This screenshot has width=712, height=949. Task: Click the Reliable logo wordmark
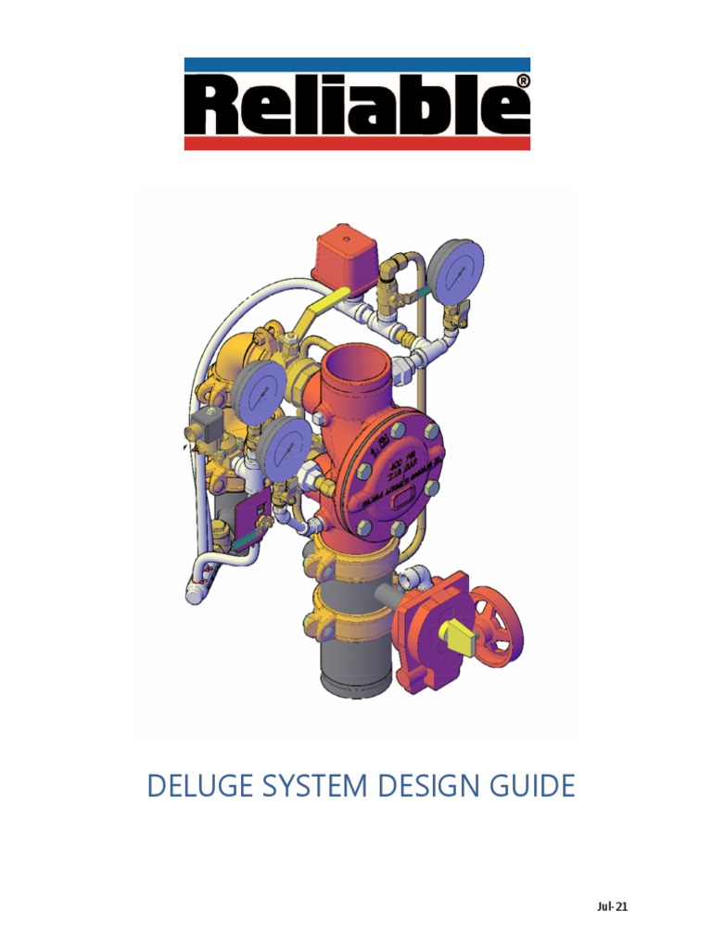(x=357, y=104)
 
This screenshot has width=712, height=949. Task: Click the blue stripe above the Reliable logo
(x=357, y=64)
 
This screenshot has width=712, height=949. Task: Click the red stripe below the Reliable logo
(x=357, y=144)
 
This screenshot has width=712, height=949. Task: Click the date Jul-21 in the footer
(x=612, y=906)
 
